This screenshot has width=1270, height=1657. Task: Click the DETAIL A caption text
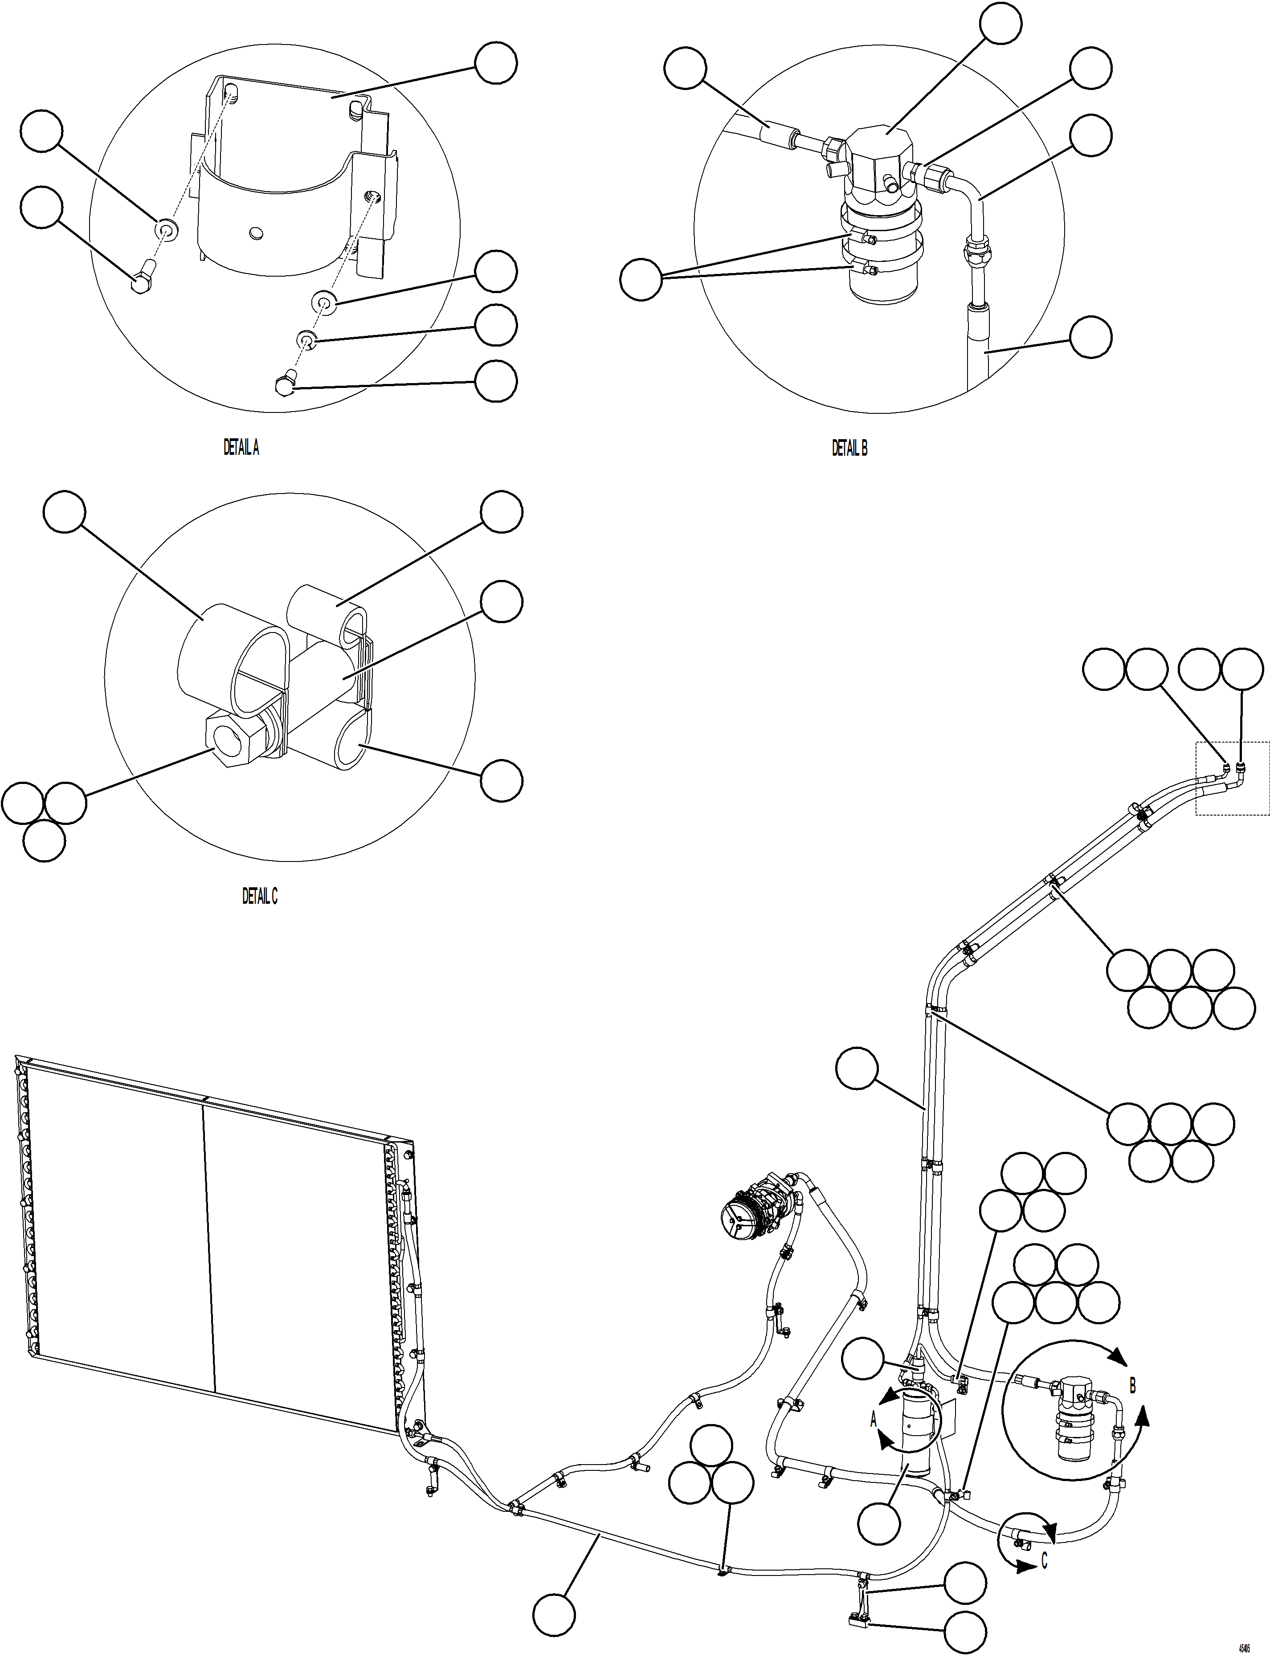[241, 448]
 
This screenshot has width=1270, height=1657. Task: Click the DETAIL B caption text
[849, 448]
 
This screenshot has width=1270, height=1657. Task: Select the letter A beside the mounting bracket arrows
[874, 1420]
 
